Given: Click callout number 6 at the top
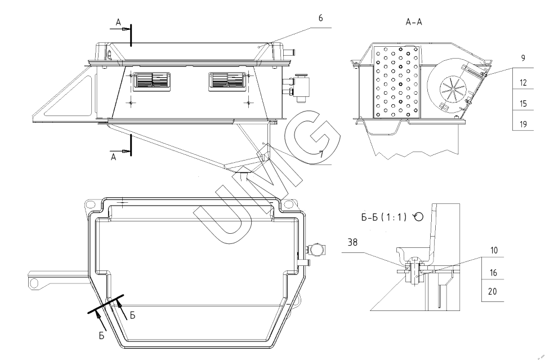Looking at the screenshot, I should (320, 18).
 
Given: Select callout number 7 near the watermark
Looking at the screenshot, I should (321, 153).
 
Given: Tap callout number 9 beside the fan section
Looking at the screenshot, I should (523, 57).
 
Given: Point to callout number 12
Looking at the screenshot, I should (523, 83).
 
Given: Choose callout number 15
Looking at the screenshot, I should (523, 104).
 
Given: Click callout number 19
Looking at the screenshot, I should (523, 125).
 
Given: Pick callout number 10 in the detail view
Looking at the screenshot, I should (494, 250).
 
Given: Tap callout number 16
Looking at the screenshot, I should (494, 272).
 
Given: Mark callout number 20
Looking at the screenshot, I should (494, 292).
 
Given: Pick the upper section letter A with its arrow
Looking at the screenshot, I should (119, 23).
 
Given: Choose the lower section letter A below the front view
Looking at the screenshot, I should (114, 158).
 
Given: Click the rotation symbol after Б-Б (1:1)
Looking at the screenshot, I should (418, 216).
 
